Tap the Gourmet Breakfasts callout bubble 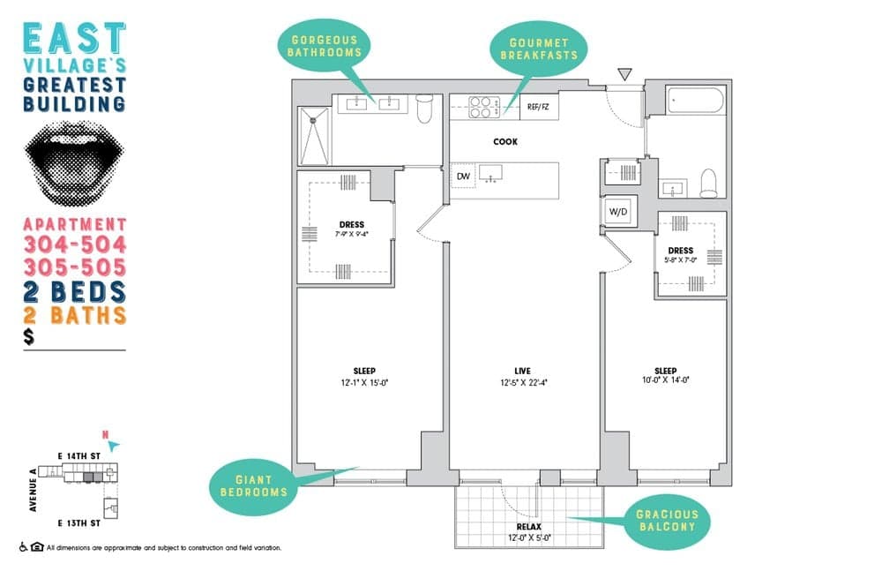544,48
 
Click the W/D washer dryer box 617,212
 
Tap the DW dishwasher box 463,177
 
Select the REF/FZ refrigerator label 537,107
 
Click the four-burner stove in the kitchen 480,107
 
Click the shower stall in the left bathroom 312,135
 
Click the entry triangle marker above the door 625,76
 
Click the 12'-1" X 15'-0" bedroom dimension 365,382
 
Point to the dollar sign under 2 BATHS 30,337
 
